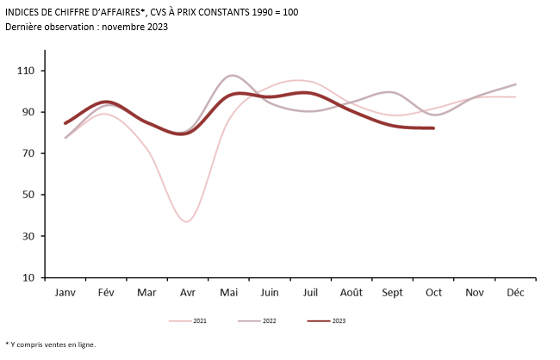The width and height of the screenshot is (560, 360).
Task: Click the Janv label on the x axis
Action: click(65, 293)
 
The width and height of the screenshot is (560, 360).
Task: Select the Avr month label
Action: click(188, 293)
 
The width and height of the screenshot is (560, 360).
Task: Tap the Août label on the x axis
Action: click(352, 293)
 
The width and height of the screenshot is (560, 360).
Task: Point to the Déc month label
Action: click(515, 293)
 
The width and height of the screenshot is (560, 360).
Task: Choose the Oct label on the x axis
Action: click(433, 293)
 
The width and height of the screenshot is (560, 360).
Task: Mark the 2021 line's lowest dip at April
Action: click(187, 221)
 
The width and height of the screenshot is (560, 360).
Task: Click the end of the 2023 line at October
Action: click(433, 128)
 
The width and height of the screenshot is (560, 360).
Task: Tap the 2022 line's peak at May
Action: click(231, 76)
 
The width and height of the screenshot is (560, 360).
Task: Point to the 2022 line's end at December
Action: click(515, 84)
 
